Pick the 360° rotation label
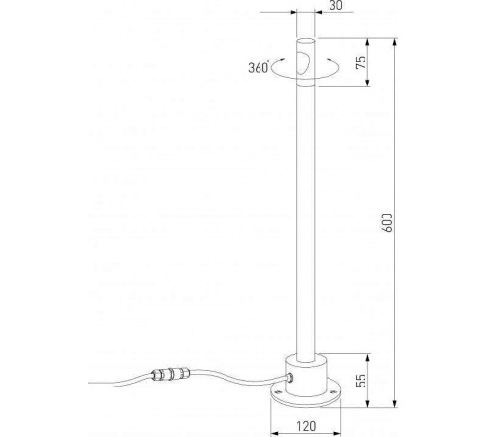[x=259, y=68]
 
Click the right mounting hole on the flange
[x=332, y=393]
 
